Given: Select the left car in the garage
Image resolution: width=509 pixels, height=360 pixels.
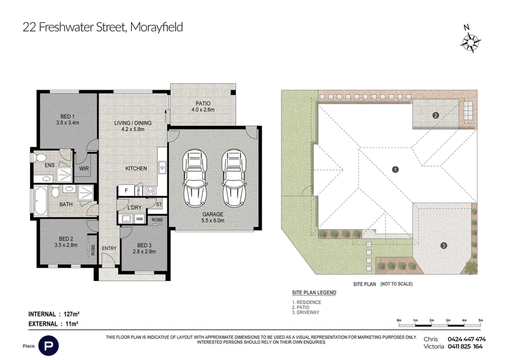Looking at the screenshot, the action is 195,178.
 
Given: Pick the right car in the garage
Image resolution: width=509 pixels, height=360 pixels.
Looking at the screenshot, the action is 234,178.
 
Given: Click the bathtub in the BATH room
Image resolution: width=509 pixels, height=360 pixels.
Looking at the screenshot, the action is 41,200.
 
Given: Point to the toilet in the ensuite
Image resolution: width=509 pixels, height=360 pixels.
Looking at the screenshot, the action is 40,158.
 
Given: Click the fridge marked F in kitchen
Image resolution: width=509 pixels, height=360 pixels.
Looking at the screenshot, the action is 126,191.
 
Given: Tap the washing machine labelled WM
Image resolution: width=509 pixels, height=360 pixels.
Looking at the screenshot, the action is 139,219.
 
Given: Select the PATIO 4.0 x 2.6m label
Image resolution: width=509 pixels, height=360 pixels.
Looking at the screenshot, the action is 203,106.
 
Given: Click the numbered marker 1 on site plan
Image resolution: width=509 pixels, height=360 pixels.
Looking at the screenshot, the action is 395,169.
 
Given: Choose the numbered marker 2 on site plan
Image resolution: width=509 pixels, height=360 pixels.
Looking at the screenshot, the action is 436,115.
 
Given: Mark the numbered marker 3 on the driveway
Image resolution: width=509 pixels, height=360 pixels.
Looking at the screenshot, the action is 443,246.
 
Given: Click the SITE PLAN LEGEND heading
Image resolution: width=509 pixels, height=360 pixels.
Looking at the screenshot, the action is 314,293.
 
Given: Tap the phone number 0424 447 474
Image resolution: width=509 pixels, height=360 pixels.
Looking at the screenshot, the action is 466,339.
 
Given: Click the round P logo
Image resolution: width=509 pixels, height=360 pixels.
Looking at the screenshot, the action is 49,346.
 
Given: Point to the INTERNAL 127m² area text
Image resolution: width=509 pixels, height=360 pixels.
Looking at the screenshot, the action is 54,314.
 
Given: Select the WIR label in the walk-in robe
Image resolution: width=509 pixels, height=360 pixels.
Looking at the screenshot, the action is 84,169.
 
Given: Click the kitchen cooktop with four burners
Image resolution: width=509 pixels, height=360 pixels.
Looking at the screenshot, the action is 150,191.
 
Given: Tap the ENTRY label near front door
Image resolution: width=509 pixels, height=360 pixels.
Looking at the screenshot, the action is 109,248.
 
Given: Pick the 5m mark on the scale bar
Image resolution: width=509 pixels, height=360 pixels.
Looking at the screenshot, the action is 480,321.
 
